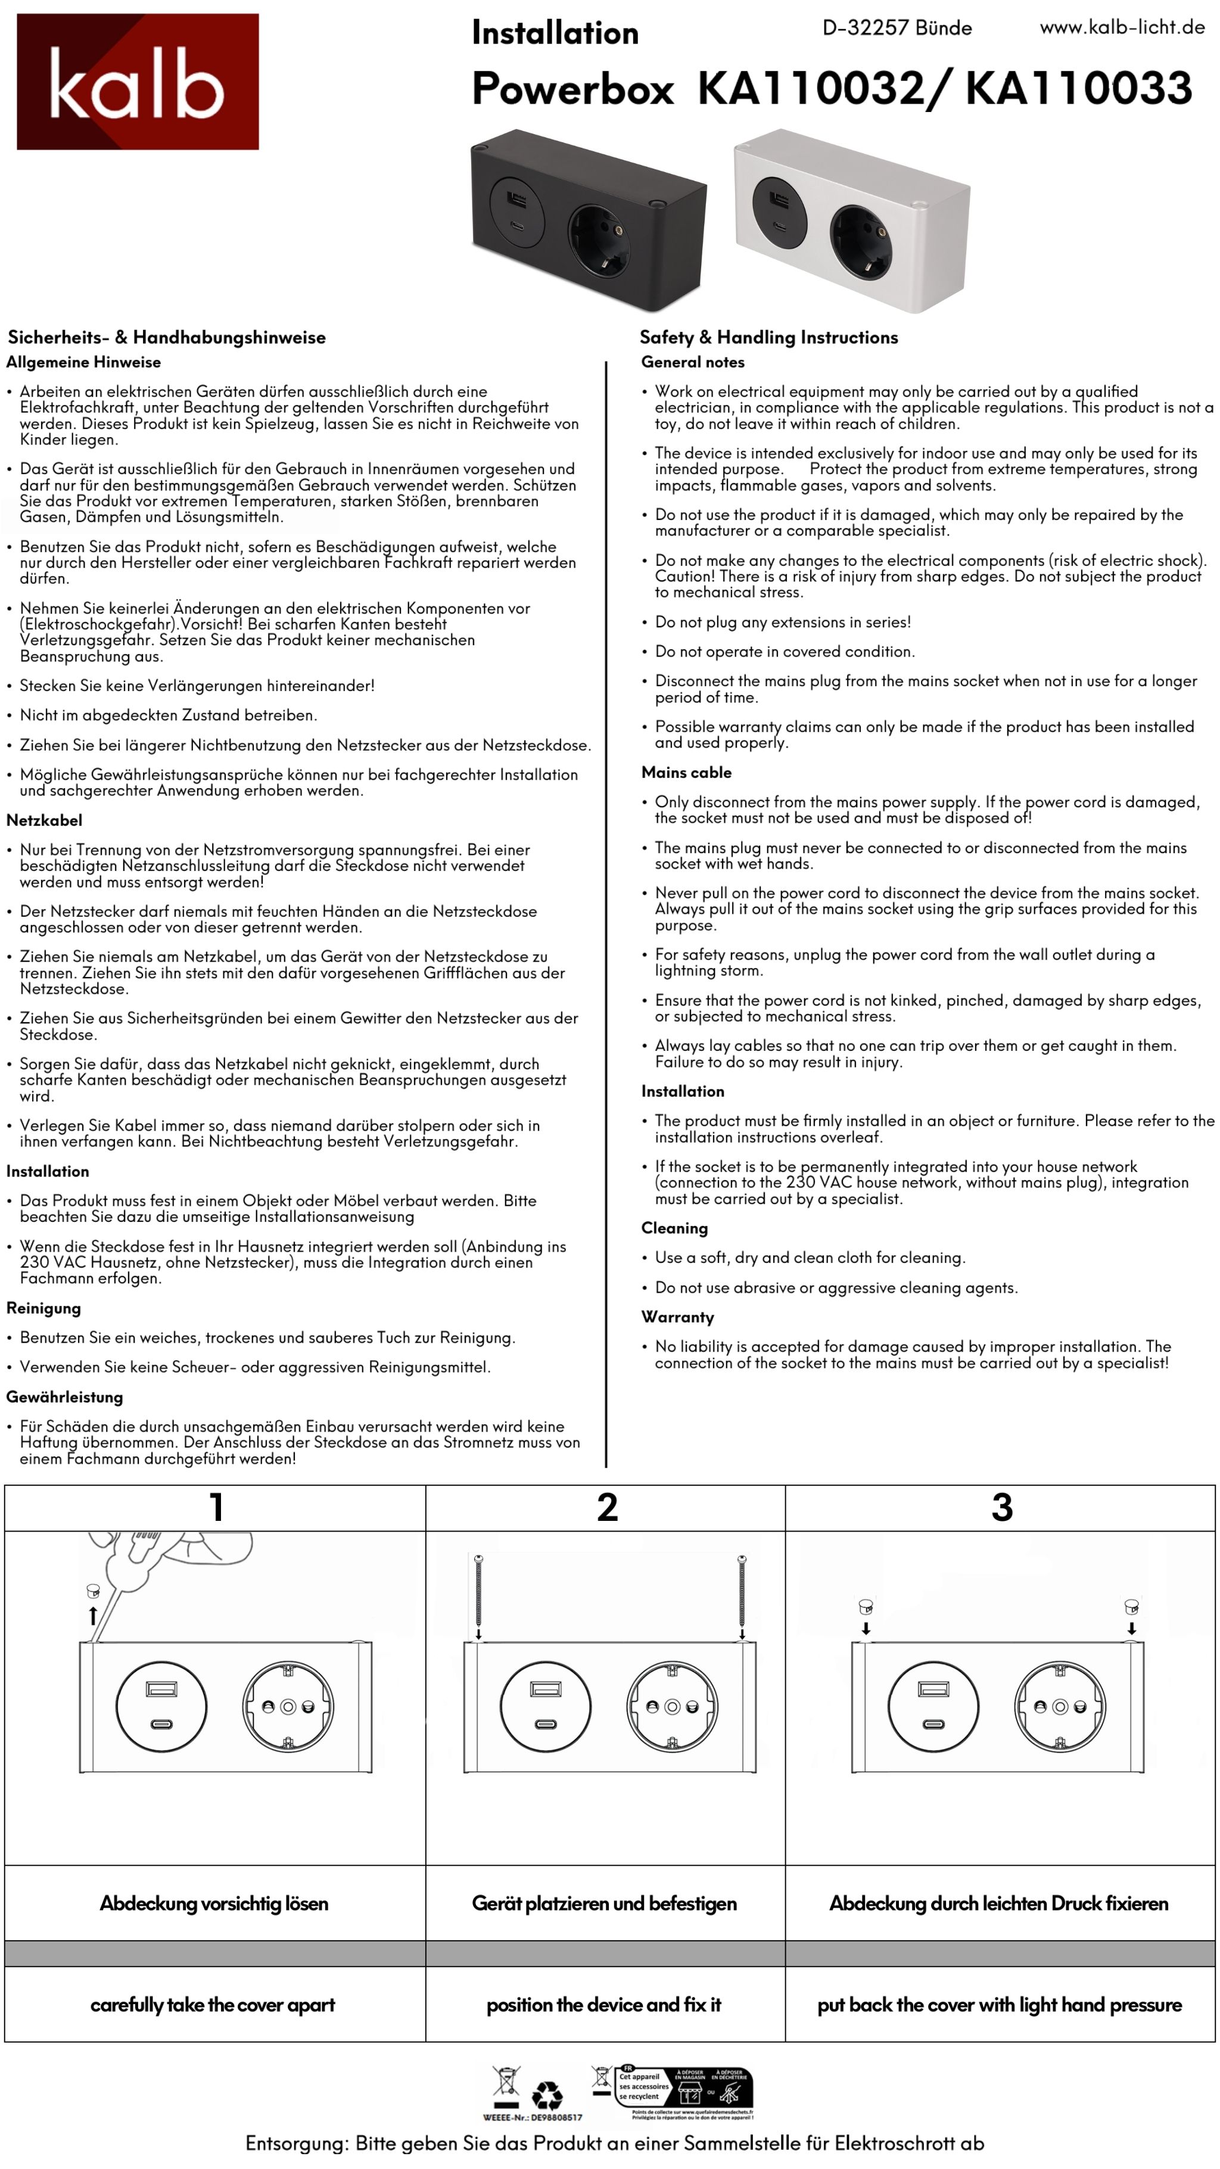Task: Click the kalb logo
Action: click(x=137, y=82)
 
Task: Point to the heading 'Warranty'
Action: click(x=677, y=1317)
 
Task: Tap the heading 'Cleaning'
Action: click(x=674, y=1228)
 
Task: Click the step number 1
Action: click(x=216, y=1507)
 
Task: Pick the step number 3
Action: click(x=1001, y=1507)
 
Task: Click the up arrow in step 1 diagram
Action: click(x=92, y=1615)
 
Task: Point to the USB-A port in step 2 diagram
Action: click(x=544, y=1688)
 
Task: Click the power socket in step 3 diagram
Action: click(x=1059, y=1707)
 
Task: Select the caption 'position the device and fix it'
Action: click(x=603, y=2005)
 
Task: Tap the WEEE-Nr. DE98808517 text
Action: click(x=532, y=2117)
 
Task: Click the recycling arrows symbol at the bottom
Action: click(x=547, y=2095)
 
